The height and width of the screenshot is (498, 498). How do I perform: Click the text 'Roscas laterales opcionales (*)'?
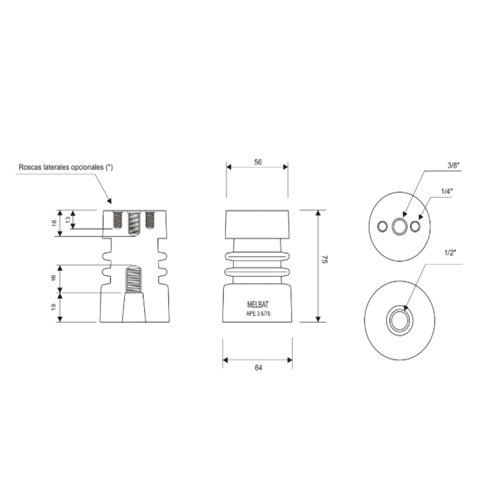(65, 167)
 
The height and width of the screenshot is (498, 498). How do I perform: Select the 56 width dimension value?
(258, 162)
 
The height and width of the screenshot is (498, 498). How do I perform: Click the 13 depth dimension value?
(68, 219)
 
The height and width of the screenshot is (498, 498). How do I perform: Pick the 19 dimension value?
(54, 307)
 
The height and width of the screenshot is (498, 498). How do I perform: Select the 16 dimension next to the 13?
(54, 223)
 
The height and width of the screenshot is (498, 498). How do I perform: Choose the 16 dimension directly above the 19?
(54, 278)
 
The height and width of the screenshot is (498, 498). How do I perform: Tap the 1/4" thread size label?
(447, 190)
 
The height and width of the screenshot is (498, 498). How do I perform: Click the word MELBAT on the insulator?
(257, 305)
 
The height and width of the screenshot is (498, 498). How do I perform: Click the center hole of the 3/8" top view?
(400, 226)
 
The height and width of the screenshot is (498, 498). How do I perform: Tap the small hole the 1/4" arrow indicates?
(416, 226)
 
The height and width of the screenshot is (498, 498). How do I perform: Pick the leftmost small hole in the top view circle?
(382, 226)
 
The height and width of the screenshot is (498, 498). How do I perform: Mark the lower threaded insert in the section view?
(134, 279)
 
